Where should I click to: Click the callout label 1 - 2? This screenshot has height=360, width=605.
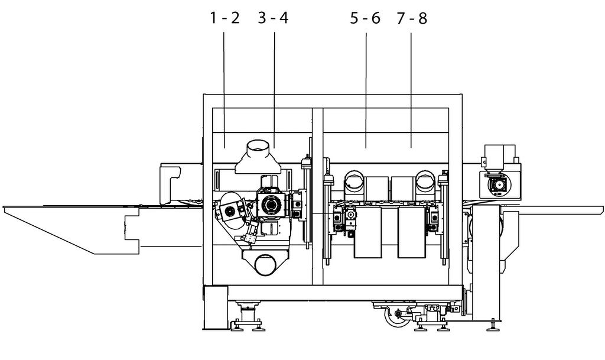coord(225,18)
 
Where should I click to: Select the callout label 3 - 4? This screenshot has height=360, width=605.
coord(273,18)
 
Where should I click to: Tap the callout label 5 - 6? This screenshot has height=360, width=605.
coord(365,18)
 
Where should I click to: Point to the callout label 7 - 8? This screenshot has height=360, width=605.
coord(412,18)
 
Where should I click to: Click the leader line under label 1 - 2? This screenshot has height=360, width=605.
coord(224,90)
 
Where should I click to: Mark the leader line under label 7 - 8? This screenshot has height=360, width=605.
coord(411,90)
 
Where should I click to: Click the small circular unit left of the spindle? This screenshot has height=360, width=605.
coord(231,210)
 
